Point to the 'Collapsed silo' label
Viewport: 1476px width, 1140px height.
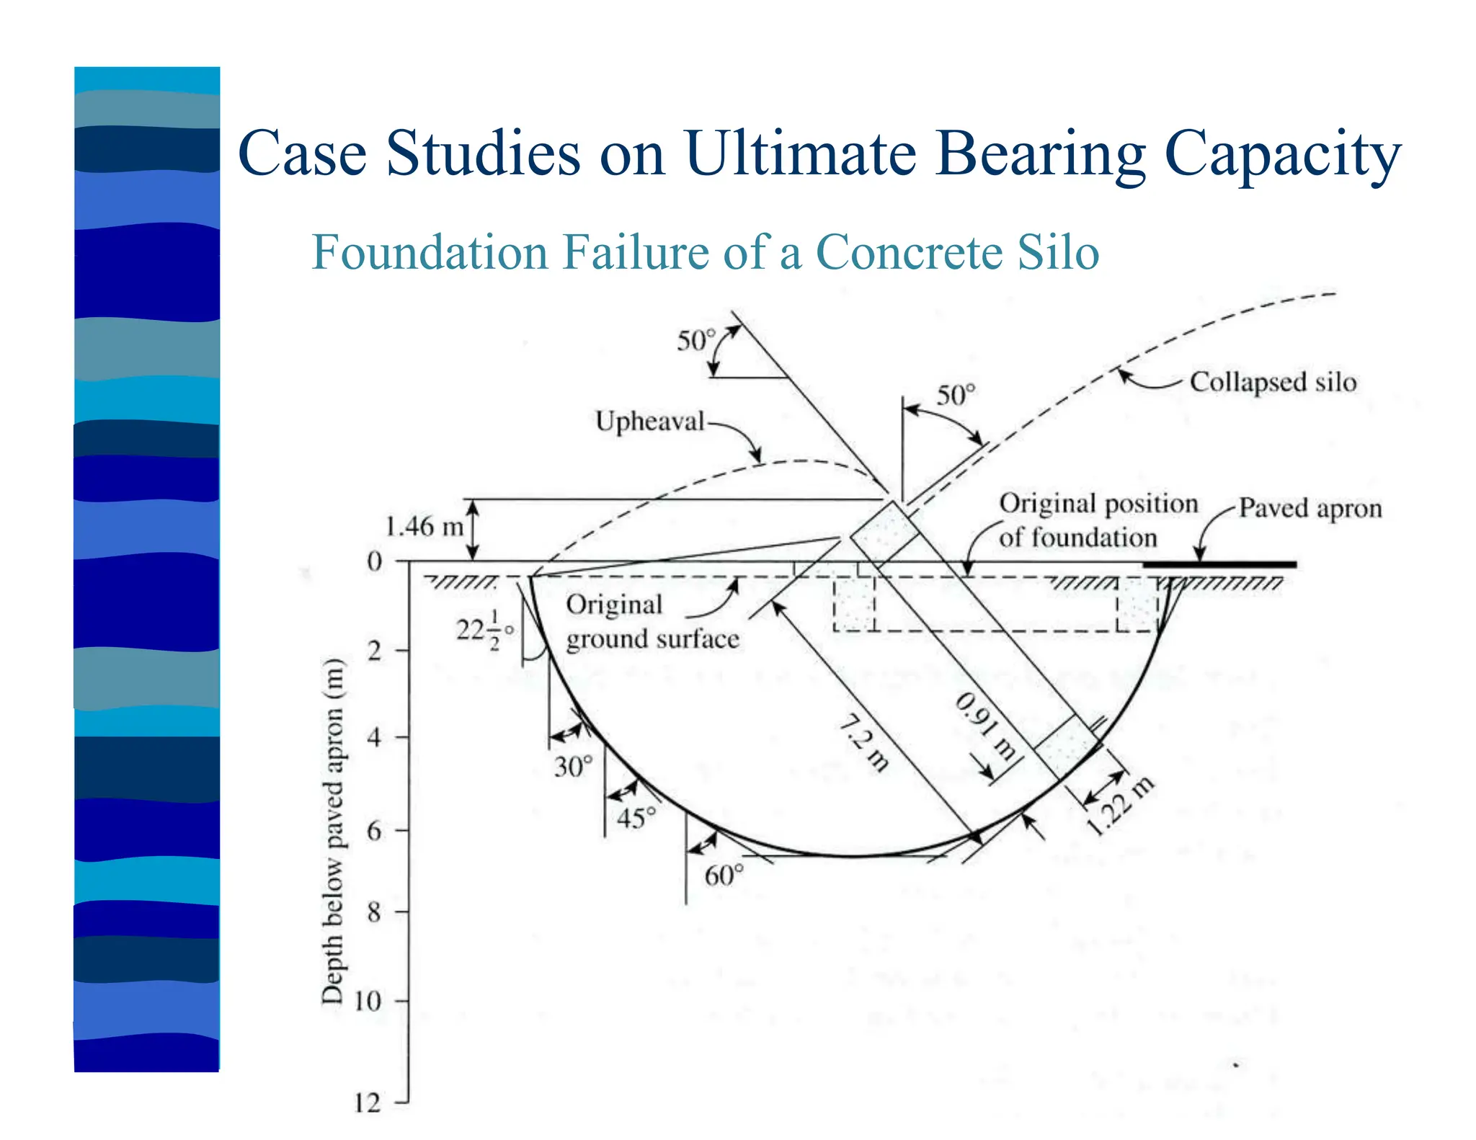1273,382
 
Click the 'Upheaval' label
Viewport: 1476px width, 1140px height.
649,421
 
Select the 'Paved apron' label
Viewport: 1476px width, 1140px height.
1310,508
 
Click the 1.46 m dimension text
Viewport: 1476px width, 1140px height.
424,526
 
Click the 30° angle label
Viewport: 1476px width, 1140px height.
574,766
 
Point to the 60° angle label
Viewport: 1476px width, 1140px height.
724,876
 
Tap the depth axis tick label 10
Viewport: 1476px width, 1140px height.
367,1001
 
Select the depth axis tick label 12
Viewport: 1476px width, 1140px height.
367,1103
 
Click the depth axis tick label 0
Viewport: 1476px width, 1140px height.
375,561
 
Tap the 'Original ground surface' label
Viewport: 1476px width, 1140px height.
652,622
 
